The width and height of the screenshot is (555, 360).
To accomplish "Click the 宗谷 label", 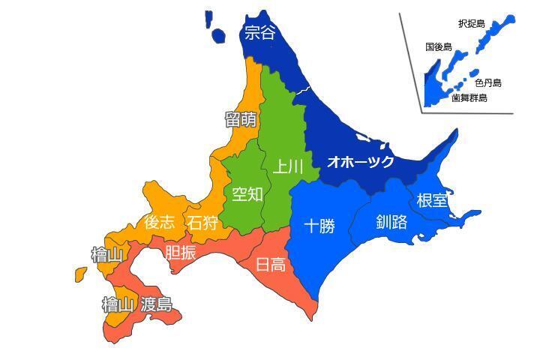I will pos(260,33).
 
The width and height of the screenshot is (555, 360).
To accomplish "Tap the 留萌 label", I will pos(241,119).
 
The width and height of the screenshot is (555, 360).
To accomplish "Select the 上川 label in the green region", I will pos(287,166).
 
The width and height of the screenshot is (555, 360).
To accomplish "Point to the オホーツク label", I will pos(360,161).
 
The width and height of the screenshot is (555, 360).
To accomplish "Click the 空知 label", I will pos(247,194).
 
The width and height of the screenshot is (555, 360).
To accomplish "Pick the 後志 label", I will pos(160,222).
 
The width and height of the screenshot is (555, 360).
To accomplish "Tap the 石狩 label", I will pos(203,223).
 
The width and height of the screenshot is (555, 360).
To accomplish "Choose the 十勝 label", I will pos(319,225).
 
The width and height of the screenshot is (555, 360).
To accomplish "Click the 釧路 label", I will pos(391,222).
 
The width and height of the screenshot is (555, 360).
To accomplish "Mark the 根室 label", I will pos(432,200).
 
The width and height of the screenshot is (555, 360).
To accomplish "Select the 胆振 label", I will pos(180,253).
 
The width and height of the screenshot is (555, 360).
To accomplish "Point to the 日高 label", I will pos(270,264).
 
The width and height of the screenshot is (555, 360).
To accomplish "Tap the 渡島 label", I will pos(156,304).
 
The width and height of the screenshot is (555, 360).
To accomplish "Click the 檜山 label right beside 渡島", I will pos(118,304).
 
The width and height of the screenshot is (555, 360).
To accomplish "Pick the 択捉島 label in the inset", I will pos(471,24).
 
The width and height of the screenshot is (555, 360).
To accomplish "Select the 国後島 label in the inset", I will pos(438,46).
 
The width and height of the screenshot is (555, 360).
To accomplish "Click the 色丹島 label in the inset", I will pos(488,82).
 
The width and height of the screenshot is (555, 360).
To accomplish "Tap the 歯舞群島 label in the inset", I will pos(469,97).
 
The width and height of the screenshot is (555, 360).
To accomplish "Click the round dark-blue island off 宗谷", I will pos(219,35).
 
